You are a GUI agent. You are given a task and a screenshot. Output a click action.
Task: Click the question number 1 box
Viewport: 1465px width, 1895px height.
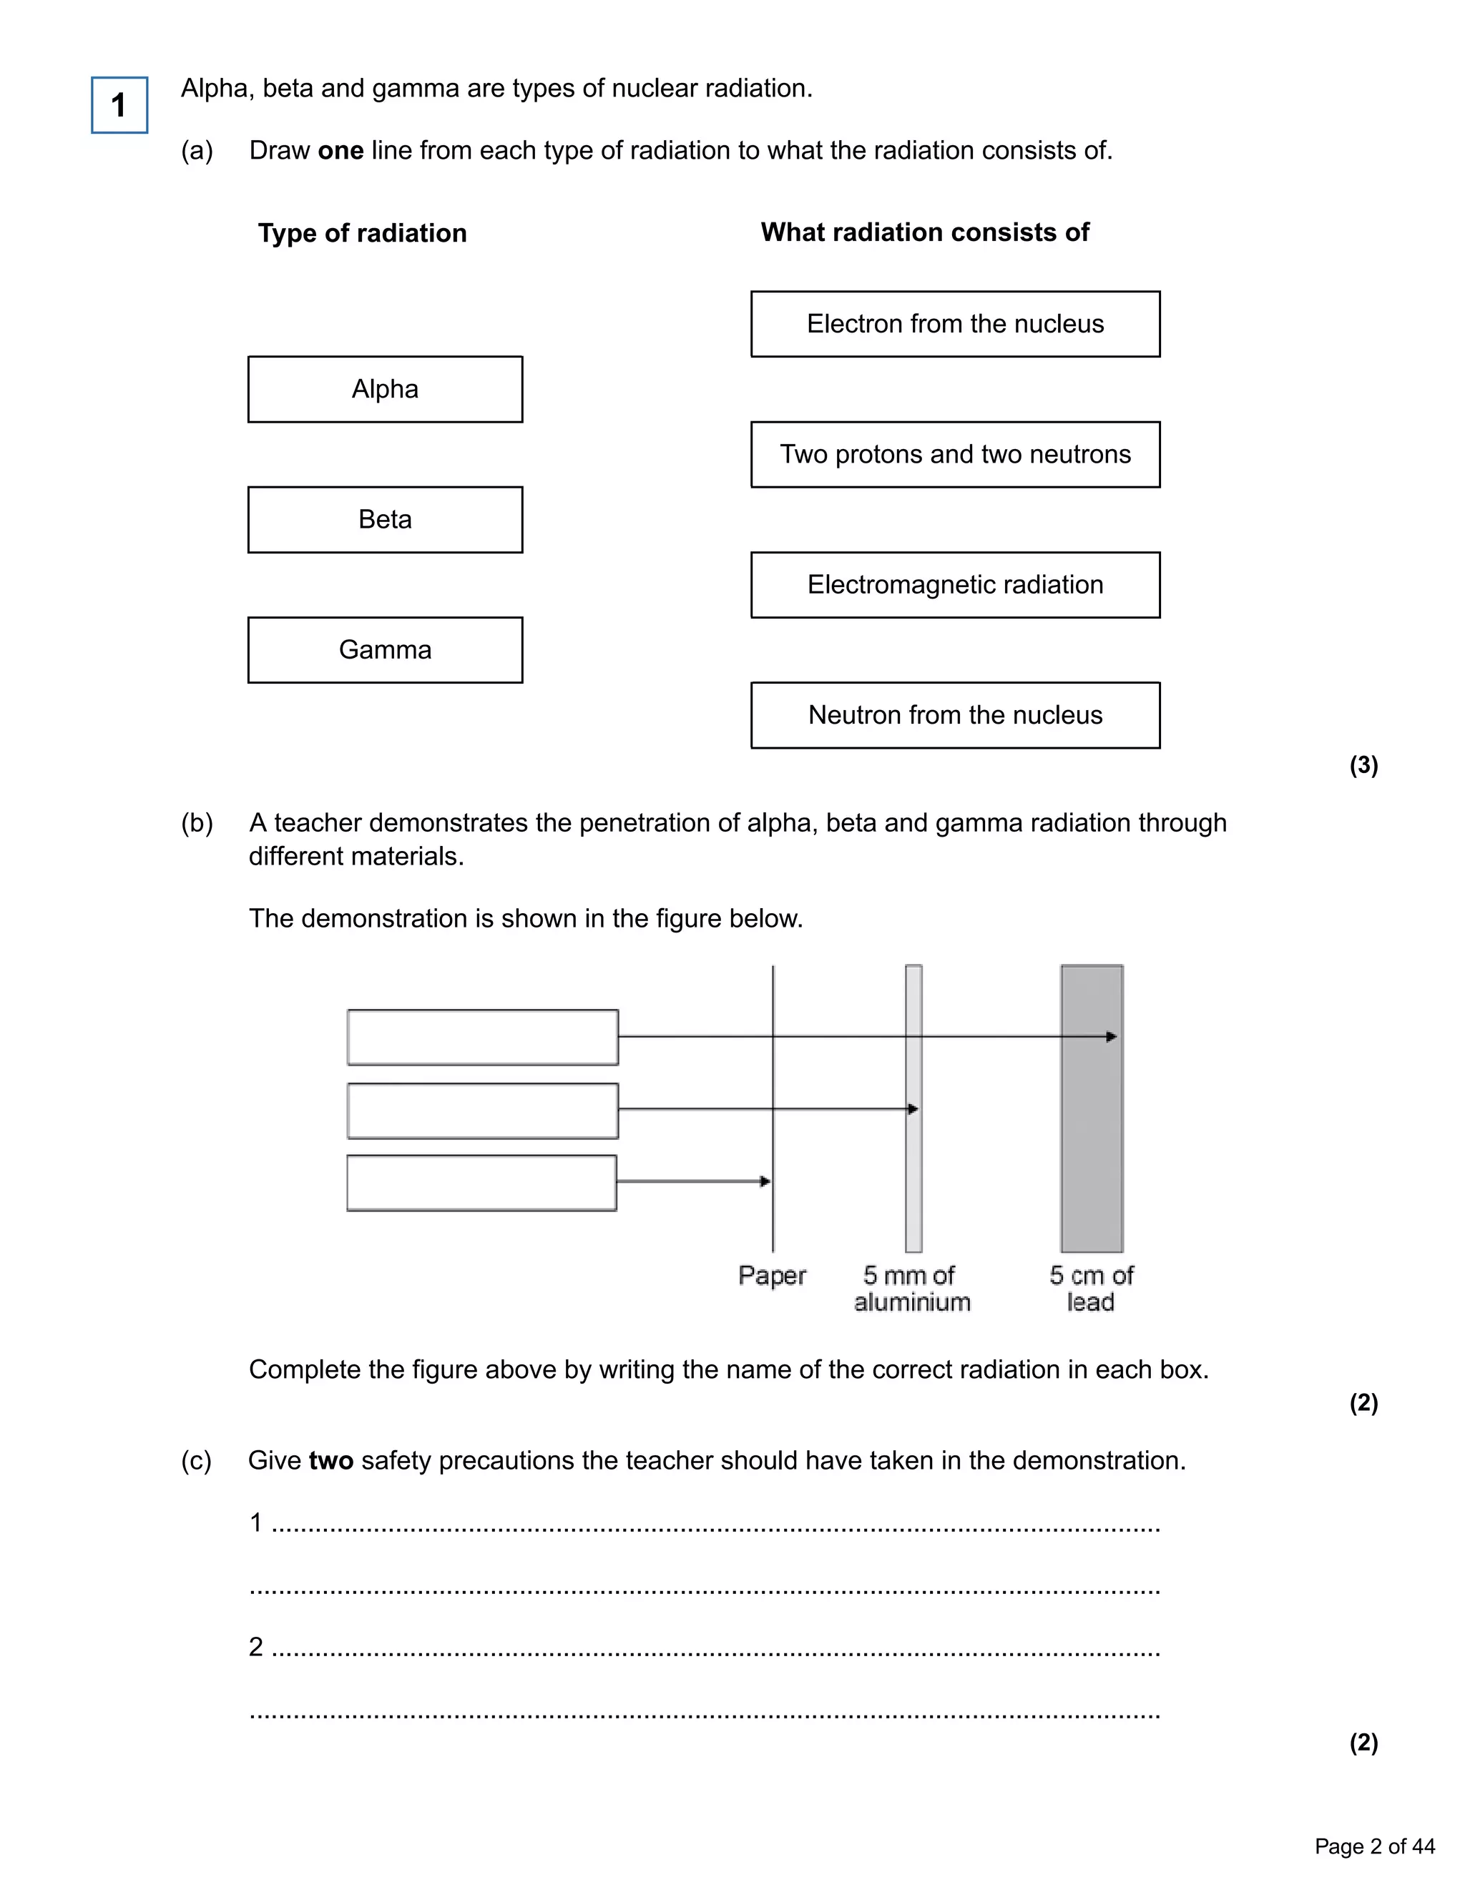coord(119,105)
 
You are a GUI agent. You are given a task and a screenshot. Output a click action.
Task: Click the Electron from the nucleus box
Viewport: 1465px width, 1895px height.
coord(955,325)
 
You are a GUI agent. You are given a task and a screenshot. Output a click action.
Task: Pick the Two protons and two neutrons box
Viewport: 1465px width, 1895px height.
coord(955,455)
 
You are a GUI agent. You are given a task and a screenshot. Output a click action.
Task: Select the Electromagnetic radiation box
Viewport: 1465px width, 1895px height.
coord(955,585)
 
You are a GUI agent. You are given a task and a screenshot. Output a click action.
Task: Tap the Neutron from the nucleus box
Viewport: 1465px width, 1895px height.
coord(955,715)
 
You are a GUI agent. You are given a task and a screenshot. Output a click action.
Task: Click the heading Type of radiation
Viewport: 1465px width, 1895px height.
coord(362,233)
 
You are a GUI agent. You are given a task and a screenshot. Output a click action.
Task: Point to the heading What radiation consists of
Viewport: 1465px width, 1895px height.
coord(924,232)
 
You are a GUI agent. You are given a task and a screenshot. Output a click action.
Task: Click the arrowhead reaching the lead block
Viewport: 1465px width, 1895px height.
coord(1112,1036)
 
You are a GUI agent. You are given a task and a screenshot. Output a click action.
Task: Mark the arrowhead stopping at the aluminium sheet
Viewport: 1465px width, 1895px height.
coord(912,1109)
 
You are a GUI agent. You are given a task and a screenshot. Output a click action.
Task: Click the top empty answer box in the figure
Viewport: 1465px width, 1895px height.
coord(483,1037)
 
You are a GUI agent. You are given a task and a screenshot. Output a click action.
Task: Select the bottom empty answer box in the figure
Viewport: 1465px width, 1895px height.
coord(481,1183)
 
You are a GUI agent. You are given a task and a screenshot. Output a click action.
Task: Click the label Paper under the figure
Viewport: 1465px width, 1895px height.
coord(772,1276)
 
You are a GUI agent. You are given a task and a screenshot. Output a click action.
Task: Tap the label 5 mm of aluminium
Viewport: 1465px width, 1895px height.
coord(911,1289)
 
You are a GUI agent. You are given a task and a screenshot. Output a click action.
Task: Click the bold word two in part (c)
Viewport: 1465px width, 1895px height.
coord(330,1460)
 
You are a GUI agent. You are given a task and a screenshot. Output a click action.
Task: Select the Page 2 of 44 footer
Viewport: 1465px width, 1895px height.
coord(1374,1846)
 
